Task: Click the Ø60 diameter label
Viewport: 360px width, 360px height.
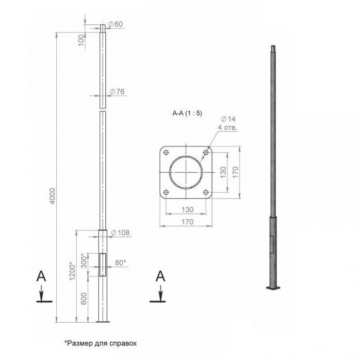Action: pyautogui.click(x=115, y=24)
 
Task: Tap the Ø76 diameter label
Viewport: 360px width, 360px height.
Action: pyautogui.click(x=117, y=92)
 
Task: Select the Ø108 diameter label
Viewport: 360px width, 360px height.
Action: pyautogui.click(x=120, y=233)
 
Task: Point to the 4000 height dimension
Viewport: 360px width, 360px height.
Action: pyautogui.click(x=52, y=196)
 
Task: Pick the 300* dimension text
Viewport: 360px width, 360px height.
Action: pyautogui.click(x=84, y=261)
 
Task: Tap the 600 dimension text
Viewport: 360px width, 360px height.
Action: pyautogui.click(x=84, y=298)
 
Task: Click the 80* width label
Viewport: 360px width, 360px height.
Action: pyautogui.click(x=121, y=262)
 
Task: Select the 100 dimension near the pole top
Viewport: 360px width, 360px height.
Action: pyautogui.click(x=82, y=41)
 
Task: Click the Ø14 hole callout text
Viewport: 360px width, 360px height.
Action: pyautogui.click(x=228, y=119)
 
